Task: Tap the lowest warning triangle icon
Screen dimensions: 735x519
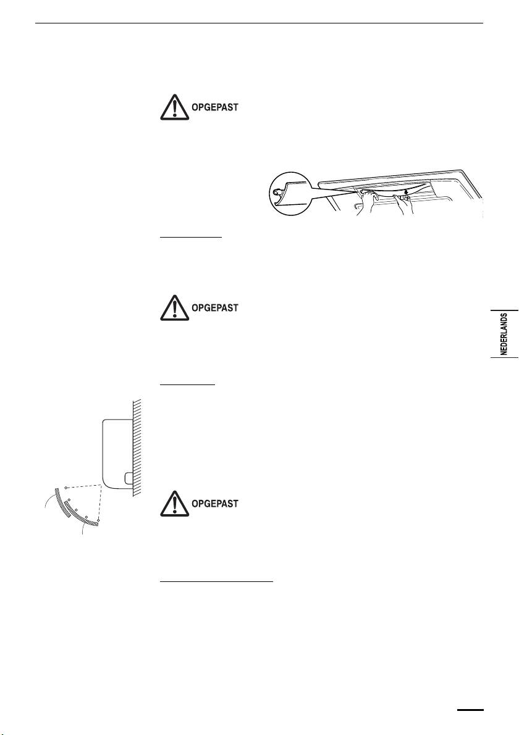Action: pos(174,503)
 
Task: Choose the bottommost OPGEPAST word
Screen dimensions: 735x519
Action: pos(214,504)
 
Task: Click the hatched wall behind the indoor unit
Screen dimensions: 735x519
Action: pos(138,444)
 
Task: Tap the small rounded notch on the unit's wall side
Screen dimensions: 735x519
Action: pos(127,478)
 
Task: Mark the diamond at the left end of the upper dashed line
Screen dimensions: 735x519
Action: pos(66,488)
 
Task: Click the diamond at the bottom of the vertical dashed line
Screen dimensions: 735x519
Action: pos(98,520)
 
